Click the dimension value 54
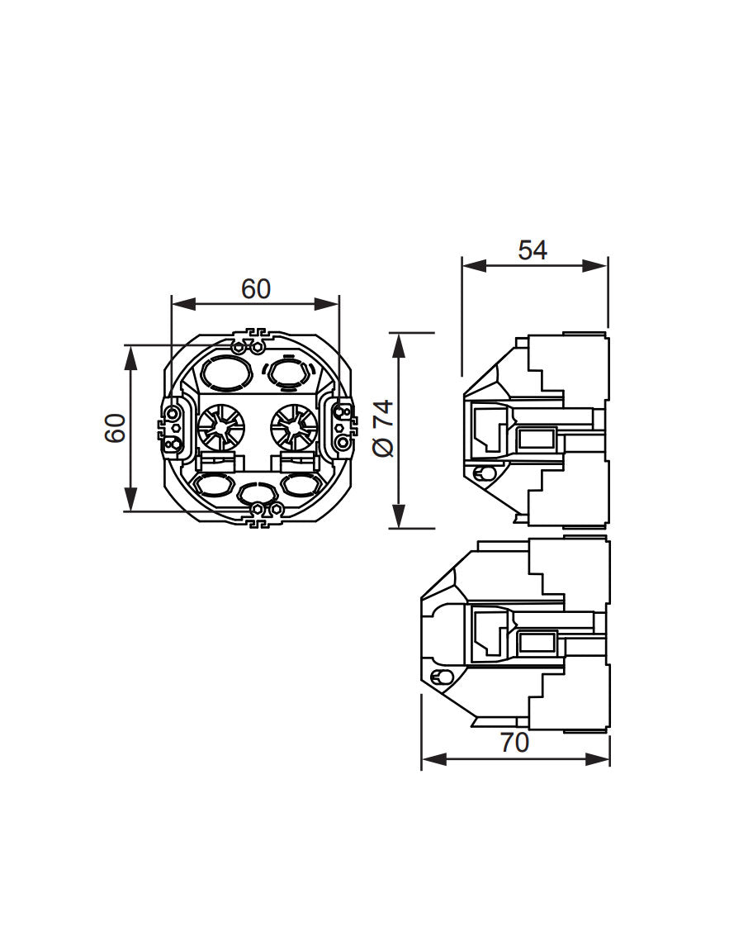[x=533, y=250]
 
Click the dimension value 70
[x=514, y=743]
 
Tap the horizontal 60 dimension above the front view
[x=255, y=289]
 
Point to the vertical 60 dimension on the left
[x=116, y=428]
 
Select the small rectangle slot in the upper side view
[x=537, y=437]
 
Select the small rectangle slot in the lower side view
[x=537, y=640]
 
